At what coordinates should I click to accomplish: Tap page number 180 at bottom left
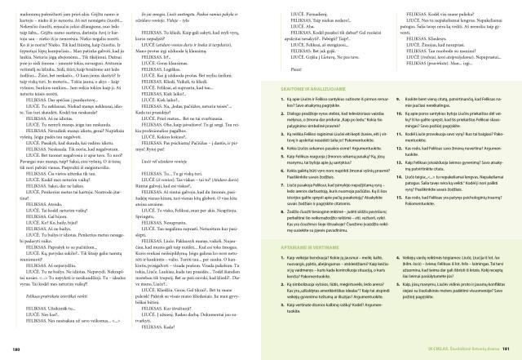pos(15,349)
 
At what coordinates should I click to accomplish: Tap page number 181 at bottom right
pos(506,349)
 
